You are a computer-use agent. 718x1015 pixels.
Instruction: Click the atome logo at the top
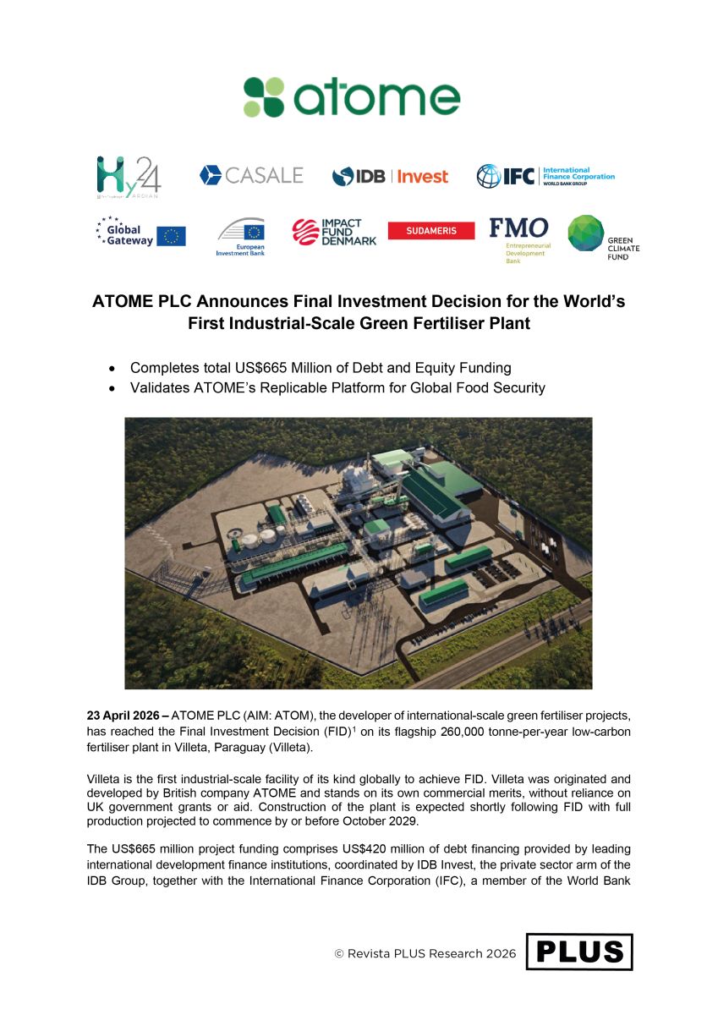[x=352, y=97]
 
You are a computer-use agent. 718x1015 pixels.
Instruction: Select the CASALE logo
[x=251, y=175]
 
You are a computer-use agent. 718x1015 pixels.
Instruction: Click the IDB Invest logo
[x=390, y=176]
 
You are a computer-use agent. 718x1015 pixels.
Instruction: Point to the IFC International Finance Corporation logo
[x=545, y=176]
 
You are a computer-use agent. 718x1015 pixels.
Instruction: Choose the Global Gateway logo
[x=140, y=233]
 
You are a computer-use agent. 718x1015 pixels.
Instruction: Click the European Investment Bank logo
[x=241, y=236]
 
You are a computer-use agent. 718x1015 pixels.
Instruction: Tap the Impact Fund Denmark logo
[x=326, y=232]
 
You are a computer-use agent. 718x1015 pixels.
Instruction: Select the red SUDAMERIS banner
[x=430, y=231]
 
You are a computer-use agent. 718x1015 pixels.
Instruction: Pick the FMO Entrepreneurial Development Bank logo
[x=518, y=236]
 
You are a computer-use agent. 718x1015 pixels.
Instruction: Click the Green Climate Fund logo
[x=603, y=236]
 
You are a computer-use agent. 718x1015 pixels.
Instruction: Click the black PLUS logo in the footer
[x=579, y=952]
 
